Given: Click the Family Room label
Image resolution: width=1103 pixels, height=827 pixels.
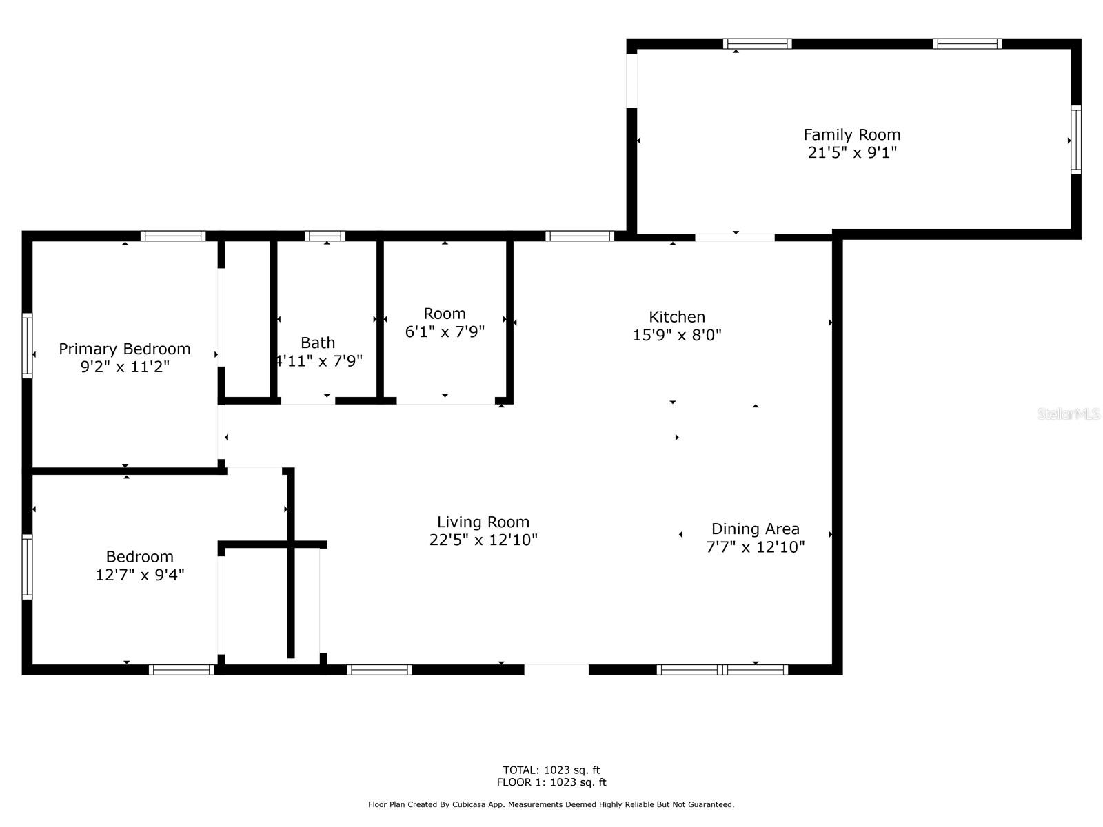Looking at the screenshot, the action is [x=851, y=134].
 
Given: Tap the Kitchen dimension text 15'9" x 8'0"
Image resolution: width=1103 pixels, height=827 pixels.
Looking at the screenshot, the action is [x=676, y=334].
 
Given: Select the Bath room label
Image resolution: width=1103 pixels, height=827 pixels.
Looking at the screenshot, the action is [x=318, y=343].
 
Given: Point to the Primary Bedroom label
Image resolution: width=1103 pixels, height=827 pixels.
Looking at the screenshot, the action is [x=125, y=349].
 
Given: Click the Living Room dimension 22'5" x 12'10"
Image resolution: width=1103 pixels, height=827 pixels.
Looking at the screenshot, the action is [x=483, y=540].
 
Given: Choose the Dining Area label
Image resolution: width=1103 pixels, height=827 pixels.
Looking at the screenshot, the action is [x=755, y=529].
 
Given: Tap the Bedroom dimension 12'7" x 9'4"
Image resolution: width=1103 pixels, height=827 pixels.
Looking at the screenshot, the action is [x=140, y=575].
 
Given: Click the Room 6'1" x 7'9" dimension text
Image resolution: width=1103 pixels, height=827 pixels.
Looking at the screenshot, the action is [x=444, y=331].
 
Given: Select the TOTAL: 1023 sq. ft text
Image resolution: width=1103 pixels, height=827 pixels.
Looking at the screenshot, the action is [x=551, y=770].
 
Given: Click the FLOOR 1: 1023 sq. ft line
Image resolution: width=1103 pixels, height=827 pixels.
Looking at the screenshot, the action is [x=551, y=782].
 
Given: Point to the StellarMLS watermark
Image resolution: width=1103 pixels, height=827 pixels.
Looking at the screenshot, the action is [x=1068, y=413].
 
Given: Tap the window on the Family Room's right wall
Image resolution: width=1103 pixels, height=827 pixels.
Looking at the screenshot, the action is [x=1076, y=140].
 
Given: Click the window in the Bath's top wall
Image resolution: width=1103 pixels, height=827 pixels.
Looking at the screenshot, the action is [x=325, y=236].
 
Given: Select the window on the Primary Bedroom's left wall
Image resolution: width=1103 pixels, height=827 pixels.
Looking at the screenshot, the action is [x=27, y=345].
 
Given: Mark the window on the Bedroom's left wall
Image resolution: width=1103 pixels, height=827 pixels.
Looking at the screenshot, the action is [x=27, y=567].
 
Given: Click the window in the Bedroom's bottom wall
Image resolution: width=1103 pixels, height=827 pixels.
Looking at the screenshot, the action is [x=181, y=670].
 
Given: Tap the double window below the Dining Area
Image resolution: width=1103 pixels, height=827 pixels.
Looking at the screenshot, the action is [x=722, y=670].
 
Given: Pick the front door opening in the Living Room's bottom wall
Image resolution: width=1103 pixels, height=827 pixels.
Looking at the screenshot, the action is [x=556, y=670].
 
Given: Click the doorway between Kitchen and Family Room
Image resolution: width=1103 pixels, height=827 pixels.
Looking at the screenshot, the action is [x=735, y=238].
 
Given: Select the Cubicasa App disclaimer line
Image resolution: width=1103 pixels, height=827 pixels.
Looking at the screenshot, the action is [x=551, y=804].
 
